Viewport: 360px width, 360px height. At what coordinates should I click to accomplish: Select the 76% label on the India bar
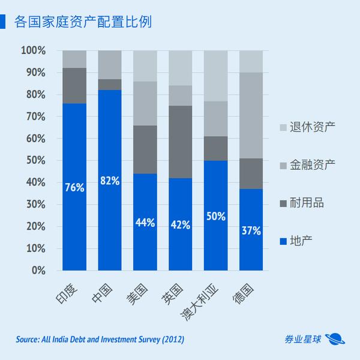(x=74, y=188)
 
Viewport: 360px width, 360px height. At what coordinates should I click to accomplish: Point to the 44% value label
(x=145, y=223)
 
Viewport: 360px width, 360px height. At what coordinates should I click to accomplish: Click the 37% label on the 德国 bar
(x=251, y=230)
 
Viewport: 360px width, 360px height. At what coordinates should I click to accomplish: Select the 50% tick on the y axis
(x=35, y=160)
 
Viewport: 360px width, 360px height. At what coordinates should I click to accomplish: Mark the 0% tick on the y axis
(x=38, y=270)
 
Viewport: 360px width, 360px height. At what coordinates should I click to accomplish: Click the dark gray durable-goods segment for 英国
(x=181, y=142)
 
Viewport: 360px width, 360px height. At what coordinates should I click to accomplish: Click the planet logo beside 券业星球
(x=335, y=340)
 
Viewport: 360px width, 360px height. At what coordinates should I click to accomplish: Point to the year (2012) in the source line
(x=170, y=340)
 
